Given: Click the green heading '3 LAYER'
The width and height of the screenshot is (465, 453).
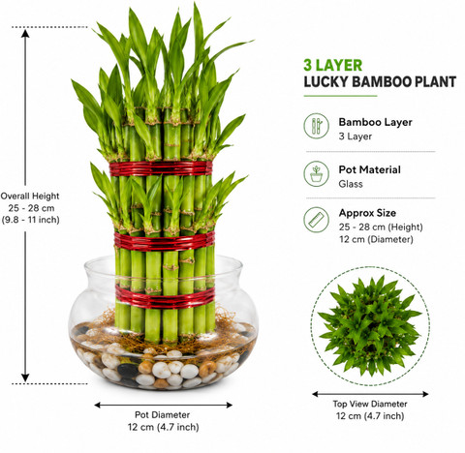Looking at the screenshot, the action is click(332, 65).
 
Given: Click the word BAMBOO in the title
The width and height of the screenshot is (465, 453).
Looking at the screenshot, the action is click(381, 82).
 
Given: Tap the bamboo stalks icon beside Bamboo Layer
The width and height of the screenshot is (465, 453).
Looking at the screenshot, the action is click(317, 126).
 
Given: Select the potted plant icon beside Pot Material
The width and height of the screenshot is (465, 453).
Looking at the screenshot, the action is click(317, 174).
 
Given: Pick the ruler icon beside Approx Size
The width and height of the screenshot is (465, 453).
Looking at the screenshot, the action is click(317, 220).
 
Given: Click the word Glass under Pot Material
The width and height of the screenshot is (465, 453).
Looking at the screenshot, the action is click(351, 184).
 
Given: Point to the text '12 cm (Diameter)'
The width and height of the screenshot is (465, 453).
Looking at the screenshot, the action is click(376, 239).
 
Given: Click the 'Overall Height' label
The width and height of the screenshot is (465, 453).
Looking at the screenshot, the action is click(30, 196).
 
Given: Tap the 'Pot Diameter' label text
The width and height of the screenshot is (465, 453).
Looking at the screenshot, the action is click(162, 414).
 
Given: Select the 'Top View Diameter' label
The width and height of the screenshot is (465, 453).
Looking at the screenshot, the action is click(370, 404).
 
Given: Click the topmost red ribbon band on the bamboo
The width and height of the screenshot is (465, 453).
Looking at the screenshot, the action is click(161, 168).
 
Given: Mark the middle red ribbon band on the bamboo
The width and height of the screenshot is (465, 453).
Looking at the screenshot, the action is click(165, 241).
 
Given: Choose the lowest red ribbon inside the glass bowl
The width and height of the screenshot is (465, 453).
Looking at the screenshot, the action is click(165, 296).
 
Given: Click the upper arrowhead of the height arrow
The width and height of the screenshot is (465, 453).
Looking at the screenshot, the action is click(25, 33).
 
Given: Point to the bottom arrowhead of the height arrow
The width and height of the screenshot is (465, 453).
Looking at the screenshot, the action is click(25, 377).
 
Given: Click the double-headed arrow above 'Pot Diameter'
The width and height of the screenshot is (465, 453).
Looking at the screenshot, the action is click(163, 405).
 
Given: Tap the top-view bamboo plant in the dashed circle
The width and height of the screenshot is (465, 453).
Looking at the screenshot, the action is click(370, 325).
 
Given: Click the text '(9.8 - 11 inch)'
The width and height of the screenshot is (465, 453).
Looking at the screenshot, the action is click(30, 220).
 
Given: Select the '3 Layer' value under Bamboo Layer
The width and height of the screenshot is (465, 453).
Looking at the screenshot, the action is click(356, 136).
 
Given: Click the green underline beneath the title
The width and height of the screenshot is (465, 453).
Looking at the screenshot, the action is click(340, 96).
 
